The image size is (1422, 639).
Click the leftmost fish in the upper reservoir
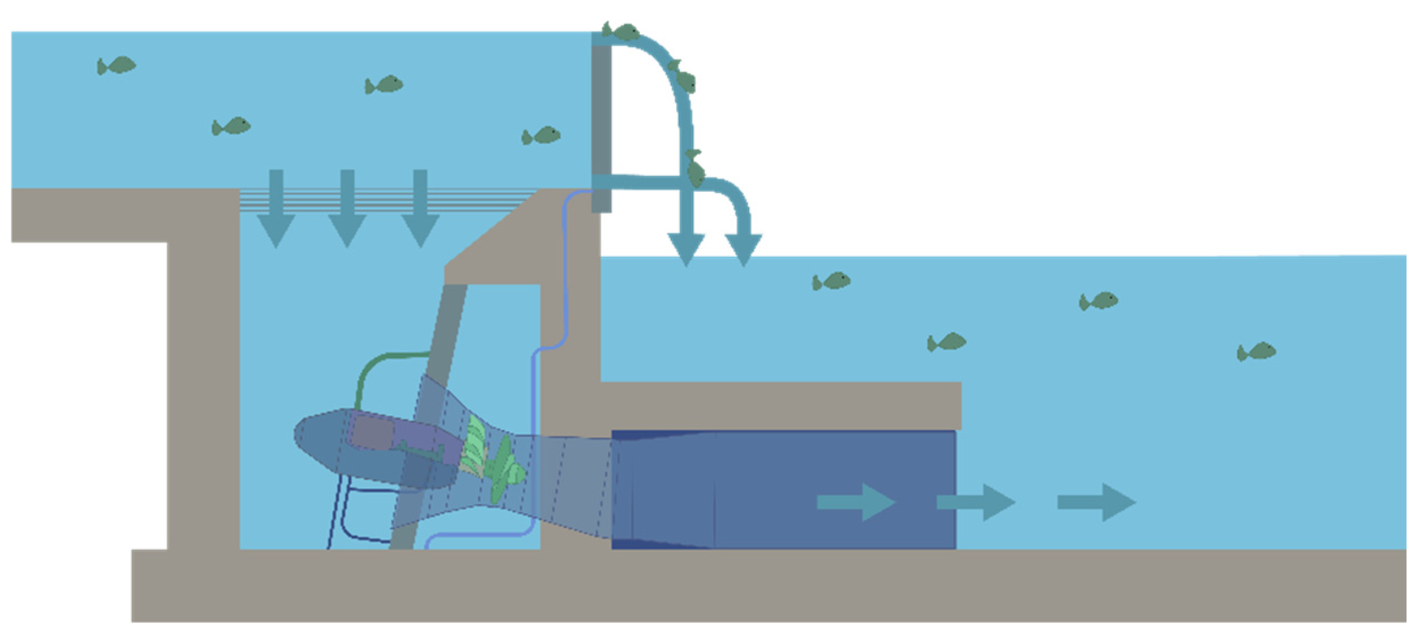(117, 65)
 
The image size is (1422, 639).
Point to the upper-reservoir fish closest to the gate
(542, 136)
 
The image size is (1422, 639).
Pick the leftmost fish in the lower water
(832, 281)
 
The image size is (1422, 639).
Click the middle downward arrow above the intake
(347, 211)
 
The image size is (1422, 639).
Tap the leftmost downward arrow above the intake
(276, 211)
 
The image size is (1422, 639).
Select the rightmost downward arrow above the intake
(420, 211)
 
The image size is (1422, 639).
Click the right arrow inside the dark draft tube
(856, 502)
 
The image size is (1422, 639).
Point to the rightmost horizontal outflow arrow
(1096, 502)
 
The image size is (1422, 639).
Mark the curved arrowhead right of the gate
(743, 248)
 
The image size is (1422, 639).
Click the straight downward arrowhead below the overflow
(686, 248)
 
